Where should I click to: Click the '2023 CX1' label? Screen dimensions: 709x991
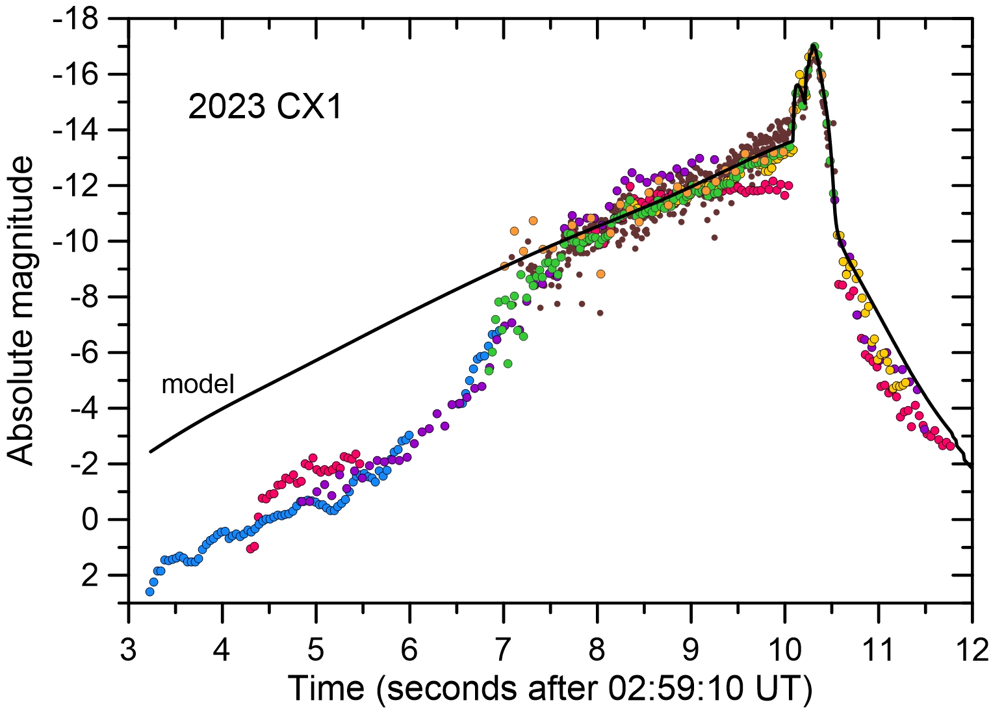coord(264,107)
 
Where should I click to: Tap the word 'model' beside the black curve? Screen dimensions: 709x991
coord(198,384)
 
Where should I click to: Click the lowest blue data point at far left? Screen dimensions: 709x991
coord(150,591)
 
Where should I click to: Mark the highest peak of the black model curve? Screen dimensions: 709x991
coord(814,45)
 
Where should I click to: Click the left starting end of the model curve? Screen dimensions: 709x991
coord(151,451)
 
